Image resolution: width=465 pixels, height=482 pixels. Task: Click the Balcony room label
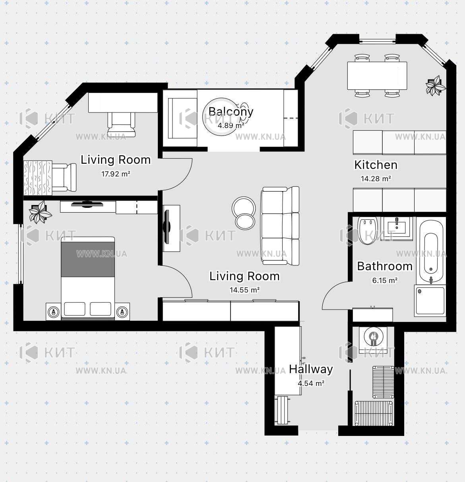231,112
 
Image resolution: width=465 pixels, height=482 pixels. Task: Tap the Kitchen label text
376,165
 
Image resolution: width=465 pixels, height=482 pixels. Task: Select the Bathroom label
385,266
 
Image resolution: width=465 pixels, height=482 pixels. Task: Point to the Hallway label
311,369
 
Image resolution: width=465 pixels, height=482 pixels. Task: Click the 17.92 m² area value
116,174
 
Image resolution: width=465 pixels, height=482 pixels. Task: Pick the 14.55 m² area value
244,290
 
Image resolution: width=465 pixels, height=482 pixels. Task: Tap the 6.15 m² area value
385,281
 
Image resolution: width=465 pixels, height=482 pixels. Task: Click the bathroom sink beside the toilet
397,228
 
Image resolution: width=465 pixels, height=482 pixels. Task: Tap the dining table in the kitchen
377,75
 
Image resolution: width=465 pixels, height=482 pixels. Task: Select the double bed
88,278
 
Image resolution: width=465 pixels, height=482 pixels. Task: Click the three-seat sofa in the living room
280,226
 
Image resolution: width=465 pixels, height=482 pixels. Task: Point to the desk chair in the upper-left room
121,124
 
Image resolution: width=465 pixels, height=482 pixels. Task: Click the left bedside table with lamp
53,312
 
